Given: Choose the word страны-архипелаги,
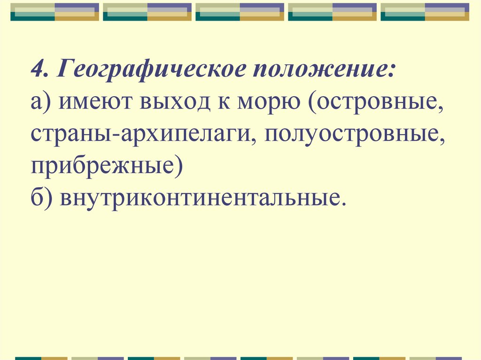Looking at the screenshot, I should coord(141,135).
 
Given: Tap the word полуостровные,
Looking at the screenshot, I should coord(354,135).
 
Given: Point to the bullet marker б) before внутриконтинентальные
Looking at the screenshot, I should coord(42,196).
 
